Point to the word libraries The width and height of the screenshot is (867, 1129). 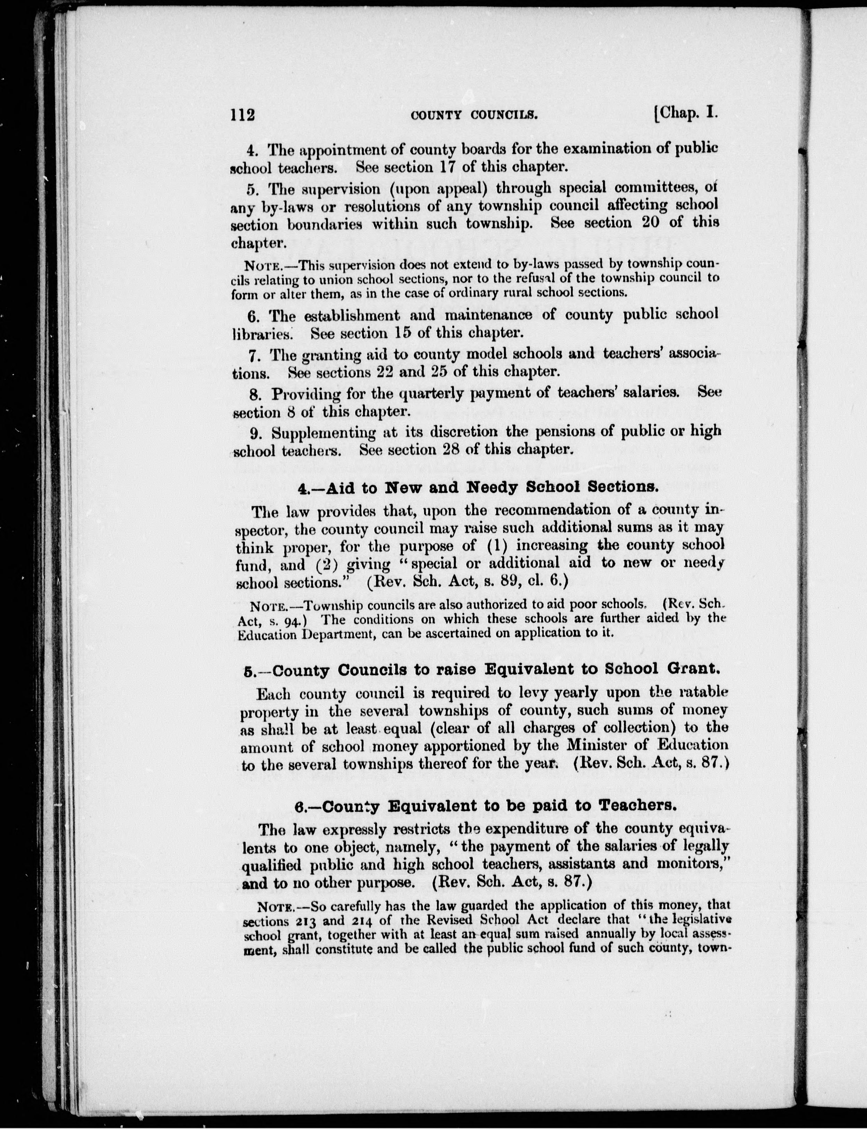(262, 334)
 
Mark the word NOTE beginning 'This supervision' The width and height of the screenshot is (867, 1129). (263, 266)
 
